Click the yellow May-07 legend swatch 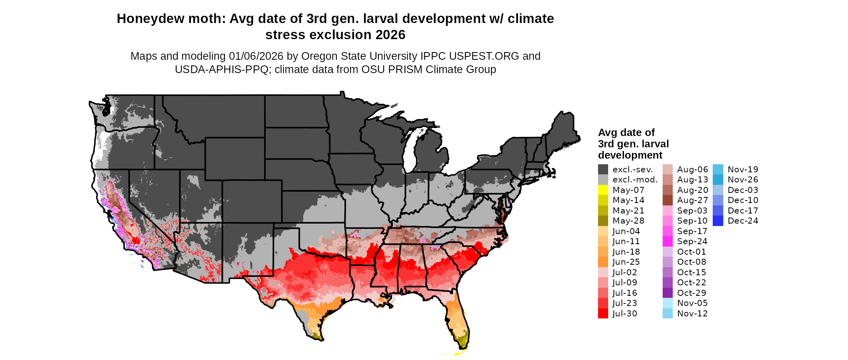tap(603, 190)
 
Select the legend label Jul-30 tap(625, 314)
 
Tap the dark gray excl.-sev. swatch tap(603, 170)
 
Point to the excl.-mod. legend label tap(635, 180)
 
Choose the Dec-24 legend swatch tap(718, 221)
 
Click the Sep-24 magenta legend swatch tap(667, 241)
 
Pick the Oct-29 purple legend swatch tap(667, 293)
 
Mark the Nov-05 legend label tap(692, 303)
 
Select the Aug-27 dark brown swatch tap(667, 200)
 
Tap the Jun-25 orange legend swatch tap(603, 262)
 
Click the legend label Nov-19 tap(743, 170)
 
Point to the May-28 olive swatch tap(603, 221)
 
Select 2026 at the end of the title tap(390, 35)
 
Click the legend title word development tap(630, 155)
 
